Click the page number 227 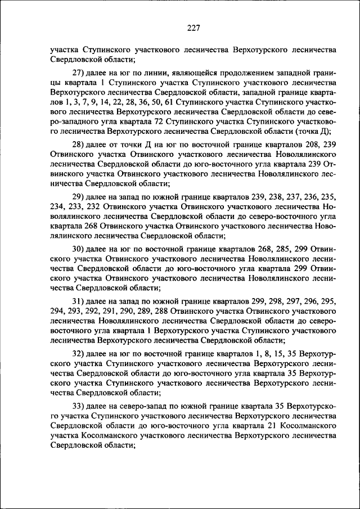[193, 28]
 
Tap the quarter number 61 [167, 102]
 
